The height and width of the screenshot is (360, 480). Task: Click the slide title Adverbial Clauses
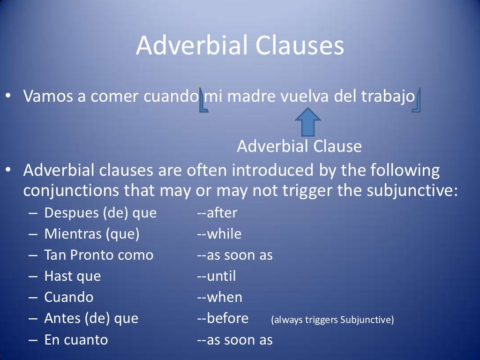240,46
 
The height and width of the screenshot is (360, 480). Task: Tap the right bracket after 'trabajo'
417,101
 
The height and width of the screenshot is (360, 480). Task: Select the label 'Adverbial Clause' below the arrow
299,147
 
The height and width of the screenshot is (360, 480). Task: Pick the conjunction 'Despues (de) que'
100,213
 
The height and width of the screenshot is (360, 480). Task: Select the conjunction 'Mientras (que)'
92,234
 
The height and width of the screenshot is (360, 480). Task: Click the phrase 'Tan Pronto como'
98,255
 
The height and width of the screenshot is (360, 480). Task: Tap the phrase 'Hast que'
72,277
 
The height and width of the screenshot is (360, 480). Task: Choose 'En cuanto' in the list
76,340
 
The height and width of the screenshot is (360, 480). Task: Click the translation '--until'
216,277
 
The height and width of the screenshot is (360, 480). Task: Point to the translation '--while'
219,234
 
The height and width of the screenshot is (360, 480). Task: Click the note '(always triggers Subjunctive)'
332,320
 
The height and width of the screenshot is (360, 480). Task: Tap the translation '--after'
217,213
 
